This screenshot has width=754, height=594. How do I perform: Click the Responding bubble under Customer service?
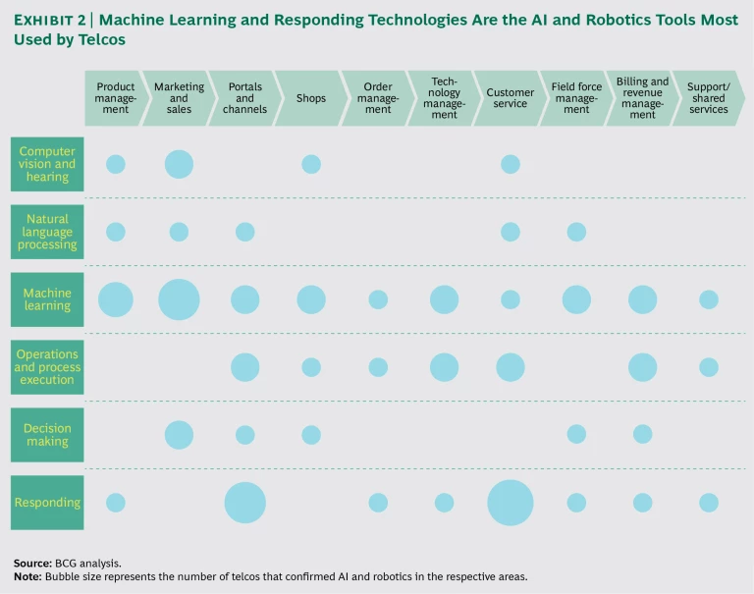[x=511, y=503]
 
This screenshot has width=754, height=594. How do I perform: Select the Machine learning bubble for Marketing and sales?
[x=179, y=299]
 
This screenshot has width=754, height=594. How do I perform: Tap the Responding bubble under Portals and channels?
[x=245, y=503]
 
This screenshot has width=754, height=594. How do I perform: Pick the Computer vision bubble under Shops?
[x=311, y=164]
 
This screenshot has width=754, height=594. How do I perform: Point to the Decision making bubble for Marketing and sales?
[x=179, y=435]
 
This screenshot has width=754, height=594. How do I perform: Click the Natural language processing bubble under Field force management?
[x=576, y=232]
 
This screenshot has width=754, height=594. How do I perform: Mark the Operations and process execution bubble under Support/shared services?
[x=709, y=367]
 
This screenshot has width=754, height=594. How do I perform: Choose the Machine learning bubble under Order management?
[x=378, y=299]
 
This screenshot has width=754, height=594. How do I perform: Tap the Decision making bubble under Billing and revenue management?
[x=642, y=435]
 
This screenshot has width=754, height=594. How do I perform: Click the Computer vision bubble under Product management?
[x=116, y=164]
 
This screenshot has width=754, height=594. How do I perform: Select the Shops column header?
[x=311, y=98]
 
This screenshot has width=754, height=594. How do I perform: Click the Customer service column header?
[x=510, y=98]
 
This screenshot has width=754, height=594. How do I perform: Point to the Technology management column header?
[x=444, y=98]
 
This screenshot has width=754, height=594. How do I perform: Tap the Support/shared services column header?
[x=708, y=98]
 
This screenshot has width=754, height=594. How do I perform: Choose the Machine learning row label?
[x=47, y=299]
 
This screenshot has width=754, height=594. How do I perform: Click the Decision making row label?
[x=47, y=435]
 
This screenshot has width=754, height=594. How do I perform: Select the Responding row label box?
[x=47, y=503]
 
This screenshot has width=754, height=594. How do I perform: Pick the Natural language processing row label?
[x=47, y=232]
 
